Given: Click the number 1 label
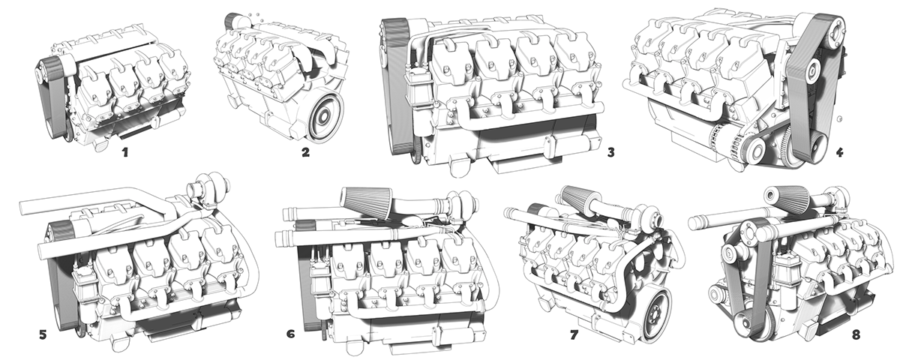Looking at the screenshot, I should (125, 153).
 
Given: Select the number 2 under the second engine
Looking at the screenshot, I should (305, 153).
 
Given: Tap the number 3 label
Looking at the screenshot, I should (611, 153).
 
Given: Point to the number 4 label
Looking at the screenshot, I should (839, 153).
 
